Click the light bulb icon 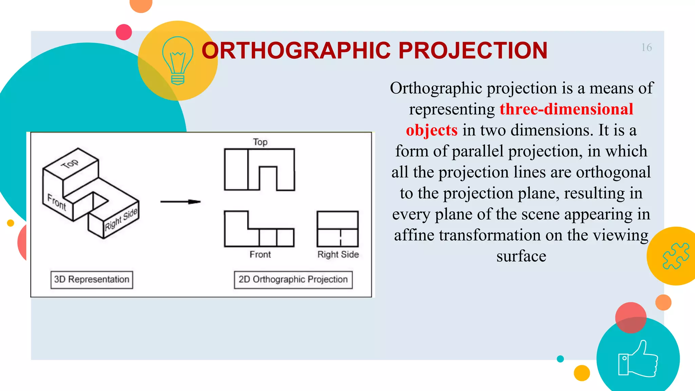(177, 60)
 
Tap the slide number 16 (646, 48)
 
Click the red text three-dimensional (566, 109)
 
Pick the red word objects (432, 130)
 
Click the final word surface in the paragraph (521, 256)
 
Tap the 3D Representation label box (92, 280)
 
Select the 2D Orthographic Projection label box (293, 280)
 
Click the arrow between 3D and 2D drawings (181, 202)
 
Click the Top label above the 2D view (260, 142)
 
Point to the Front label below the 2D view (260, 255)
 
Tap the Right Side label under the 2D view (338, 255)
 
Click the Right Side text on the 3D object (121, 220)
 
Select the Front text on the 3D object (57, 202)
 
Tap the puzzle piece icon (675, 256)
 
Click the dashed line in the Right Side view (340, 237)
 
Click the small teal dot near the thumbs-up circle (560, 359)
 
